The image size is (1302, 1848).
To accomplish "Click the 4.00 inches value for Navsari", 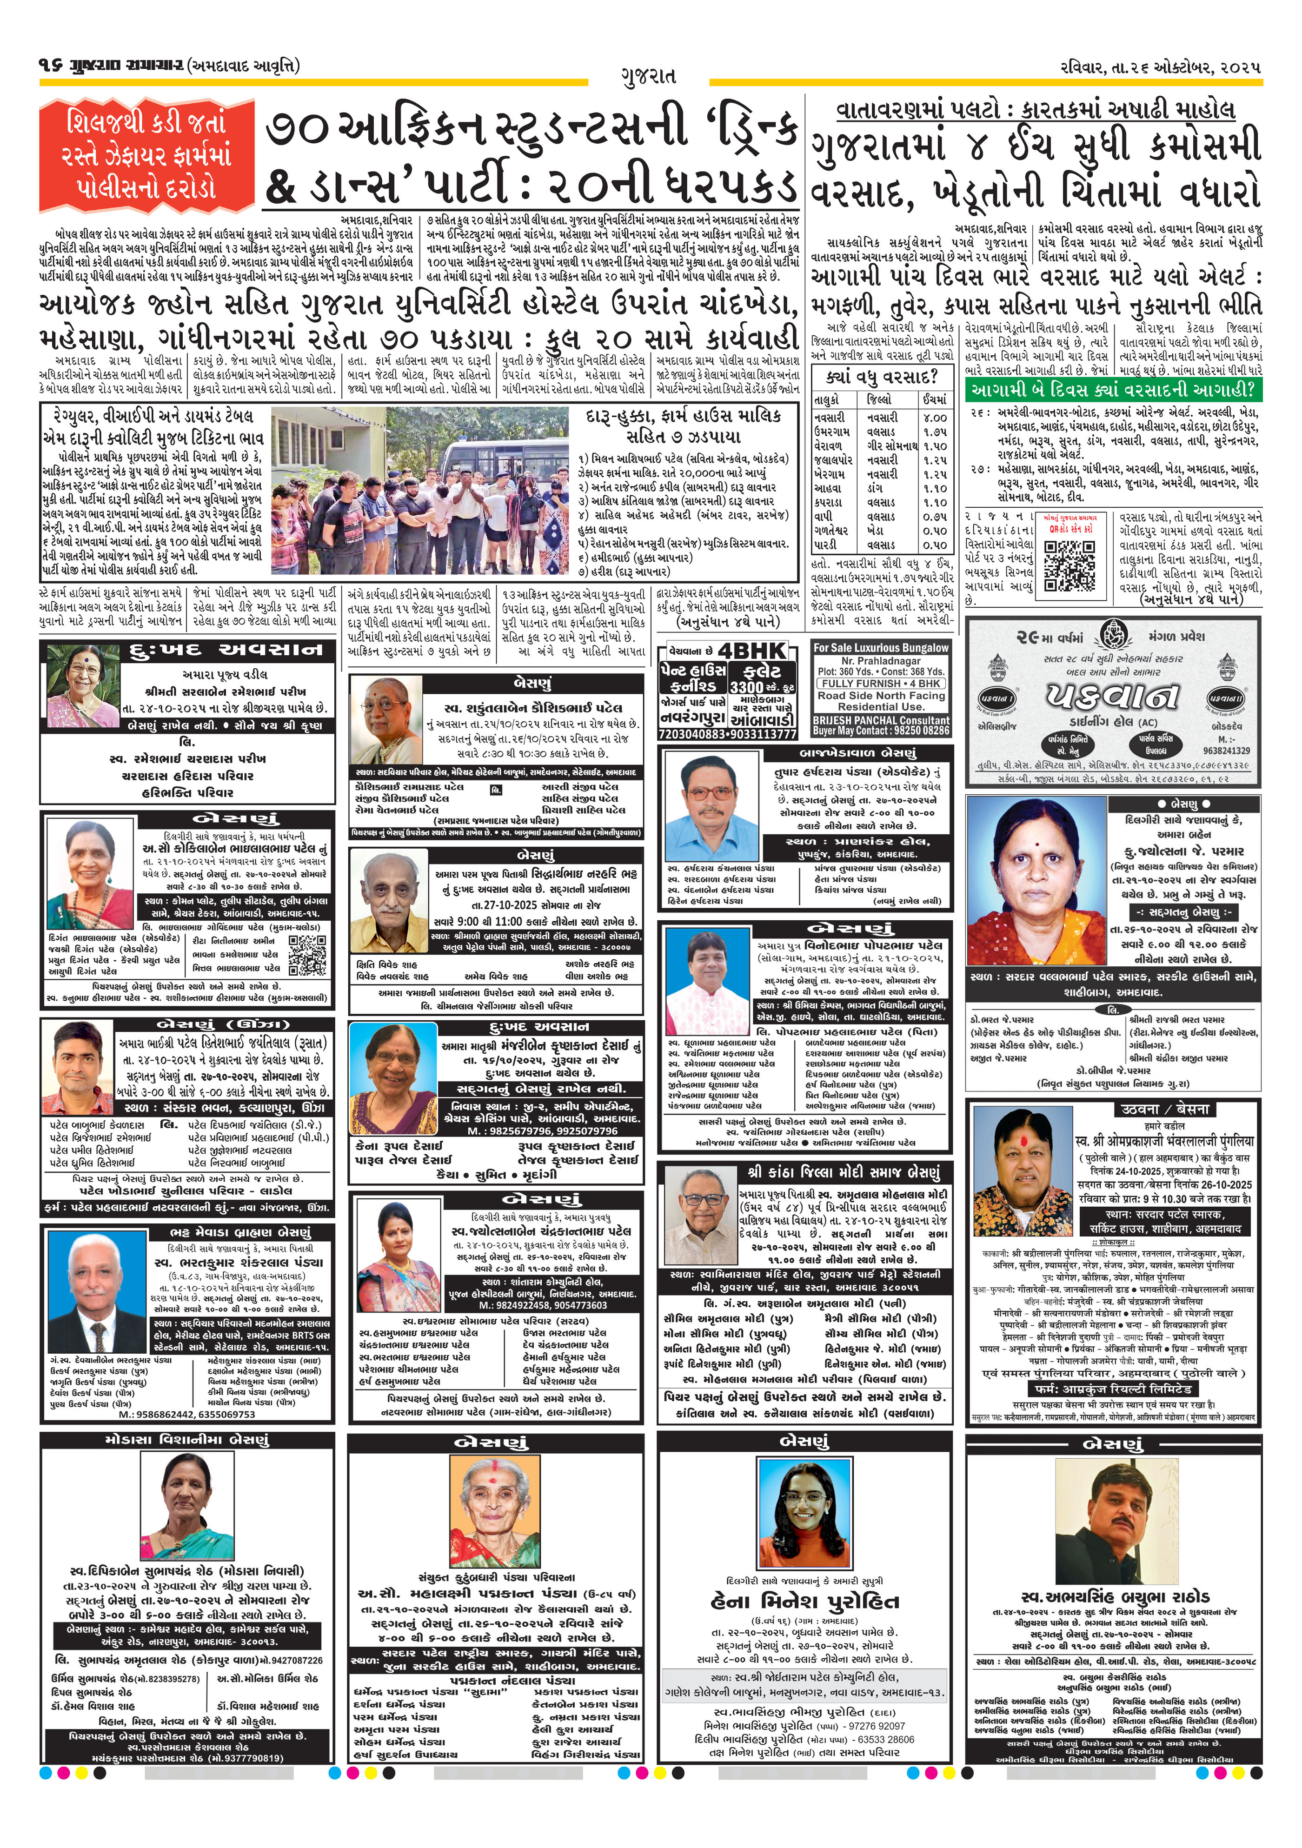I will tap(934, 418).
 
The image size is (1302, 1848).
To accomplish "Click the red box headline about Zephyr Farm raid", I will tap(146, 155).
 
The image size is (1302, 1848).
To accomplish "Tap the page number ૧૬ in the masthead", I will tap(51, 64).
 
